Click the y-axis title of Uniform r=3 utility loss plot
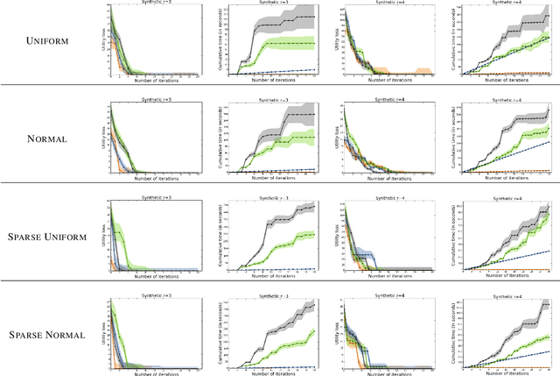point(104,38)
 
